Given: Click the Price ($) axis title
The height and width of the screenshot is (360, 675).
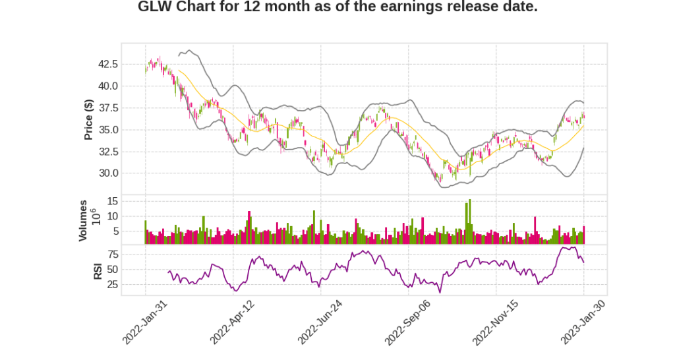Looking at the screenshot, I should (88, 119).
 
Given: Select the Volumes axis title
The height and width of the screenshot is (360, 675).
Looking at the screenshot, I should (83, 220).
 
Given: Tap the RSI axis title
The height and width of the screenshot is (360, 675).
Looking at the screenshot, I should (98, 270).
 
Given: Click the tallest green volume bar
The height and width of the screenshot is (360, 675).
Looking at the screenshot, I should (470, 222).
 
